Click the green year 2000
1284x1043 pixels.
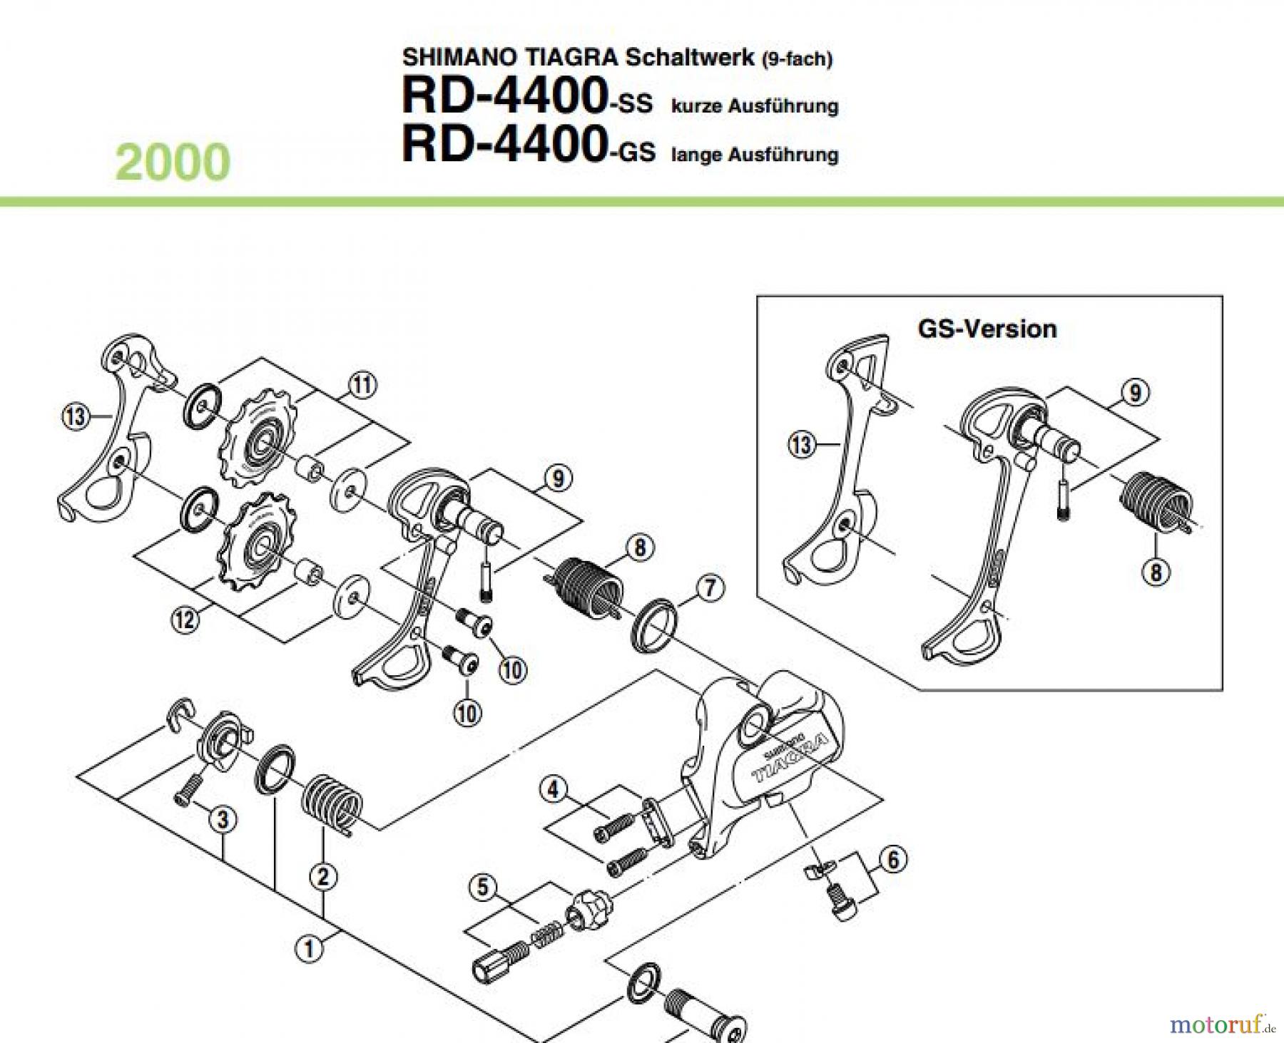coord(173,163)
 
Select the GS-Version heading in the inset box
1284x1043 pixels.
coord(987,329)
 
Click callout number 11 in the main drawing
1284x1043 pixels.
coord(362,385)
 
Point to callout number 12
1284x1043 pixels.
coord(185,619)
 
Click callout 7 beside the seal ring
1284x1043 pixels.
coord(710,588)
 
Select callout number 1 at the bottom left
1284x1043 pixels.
coord(309,949)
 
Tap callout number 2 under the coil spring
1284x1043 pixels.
coord(322,876)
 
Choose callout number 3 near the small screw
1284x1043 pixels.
coord(223,820)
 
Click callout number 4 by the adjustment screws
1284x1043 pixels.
coord(554,789)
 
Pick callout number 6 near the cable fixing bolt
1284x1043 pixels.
coord(893,859)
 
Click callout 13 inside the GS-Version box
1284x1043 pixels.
coord(801,445)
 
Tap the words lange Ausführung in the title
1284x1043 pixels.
coord(755,154)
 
